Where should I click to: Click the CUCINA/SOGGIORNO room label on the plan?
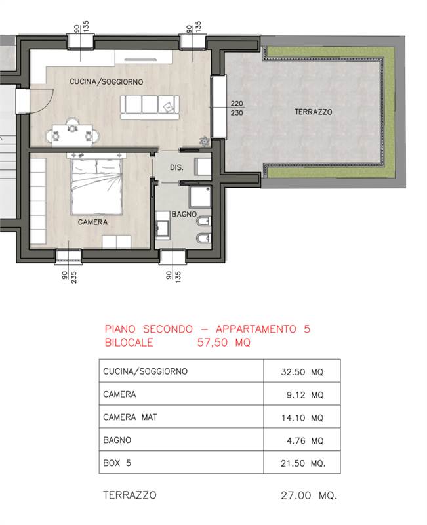tap(106, 81)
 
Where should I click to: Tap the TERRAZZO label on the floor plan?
tap(314, 112)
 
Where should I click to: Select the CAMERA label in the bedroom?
tap(92, 222)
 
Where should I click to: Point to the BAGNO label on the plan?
tap(184, 214)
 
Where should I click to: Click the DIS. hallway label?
tap(176, 167)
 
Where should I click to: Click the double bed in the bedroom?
tap(96, 186)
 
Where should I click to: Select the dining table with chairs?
tap(72, 133)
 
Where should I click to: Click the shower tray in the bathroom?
tap(200, 198)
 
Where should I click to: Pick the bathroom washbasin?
tap(163, 225)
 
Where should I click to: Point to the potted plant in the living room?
tap(204, 142)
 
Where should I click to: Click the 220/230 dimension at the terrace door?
tap(237, 108)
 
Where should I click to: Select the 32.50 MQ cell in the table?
tap(302, 372)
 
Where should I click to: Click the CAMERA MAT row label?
tap(130, 417)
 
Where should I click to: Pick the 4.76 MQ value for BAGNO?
tap(305, 440)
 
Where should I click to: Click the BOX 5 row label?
tap(117, 463)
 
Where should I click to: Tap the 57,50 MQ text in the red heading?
tap(224, 342)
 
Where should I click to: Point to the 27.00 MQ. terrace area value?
tap(309, 495)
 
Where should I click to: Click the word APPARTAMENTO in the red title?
tap(256, 329)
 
